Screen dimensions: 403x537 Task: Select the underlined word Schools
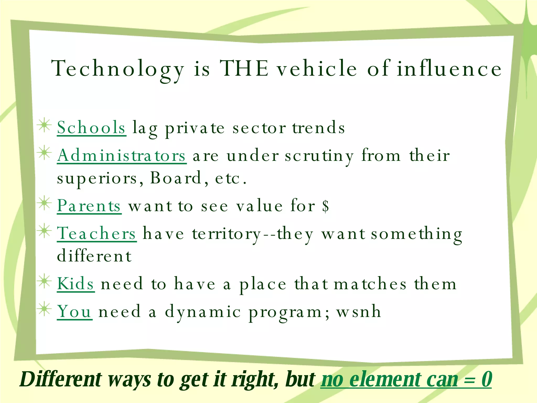tap(91, 128)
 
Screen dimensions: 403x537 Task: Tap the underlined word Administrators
tap(122, 155)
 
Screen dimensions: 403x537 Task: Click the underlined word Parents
tap(89, 206)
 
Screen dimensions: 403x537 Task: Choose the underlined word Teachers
tap(96, 234)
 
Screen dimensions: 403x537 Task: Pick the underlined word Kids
tap(76, 284)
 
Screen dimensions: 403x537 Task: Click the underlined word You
tap(74, 312)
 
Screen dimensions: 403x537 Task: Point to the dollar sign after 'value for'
tap(326, 206)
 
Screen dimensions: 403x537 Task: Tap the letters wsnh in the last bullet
tap(359, 312)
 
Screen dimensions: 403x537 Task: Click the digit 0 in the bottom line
tap(487, 379)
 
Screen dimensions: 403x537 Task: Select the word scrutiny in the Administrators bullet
tap(319, 156)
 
